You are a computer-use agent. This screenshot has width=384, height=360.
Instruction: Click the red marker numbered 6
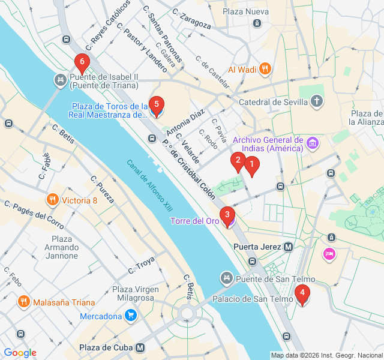(82, 62)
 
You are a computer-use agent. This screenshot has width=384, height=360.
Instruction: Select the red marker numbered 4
(302, 293)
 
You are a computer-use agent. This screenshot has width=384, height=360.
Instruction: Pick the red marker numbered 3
(227, 214)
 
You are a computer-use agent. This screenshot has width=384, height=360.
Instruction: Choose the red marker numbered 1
(252, 164)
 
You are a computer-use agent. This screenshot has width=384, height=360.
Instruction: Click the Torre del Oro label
(194, 221)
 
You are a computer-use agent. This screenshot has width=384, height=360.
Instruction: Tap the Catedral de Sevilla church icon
(317, 101)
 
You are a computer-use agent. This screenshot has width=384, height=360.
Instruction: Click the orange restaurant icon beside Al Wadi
(265, 69)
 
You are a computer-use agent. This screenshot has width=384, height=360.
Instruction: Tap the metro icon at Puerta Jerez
(289, 247)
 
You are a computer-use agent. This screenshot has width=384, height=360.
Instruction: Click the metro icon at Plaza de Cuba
(140, 347)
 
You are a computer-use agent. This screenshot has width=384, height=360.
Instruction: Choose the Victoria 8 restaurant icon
(53, 200)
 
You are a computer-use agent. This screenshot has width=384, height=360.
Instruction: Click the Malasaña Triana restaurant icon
(23, 302)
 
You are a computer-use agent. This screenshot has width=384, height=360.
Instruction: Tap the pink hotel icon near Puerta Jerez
(329, 254)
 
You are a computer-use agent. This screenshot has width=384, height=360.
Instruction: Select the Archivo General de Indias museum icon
(312, 143)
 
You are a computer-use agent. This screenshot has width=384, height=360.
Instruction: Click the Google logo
(20, 353)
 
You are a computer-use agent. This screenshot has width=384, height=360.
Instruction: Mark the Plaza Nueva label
(245, 11)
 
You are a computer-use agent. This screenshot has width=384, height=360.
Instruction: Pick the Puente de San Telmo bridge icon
(226, 278)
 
